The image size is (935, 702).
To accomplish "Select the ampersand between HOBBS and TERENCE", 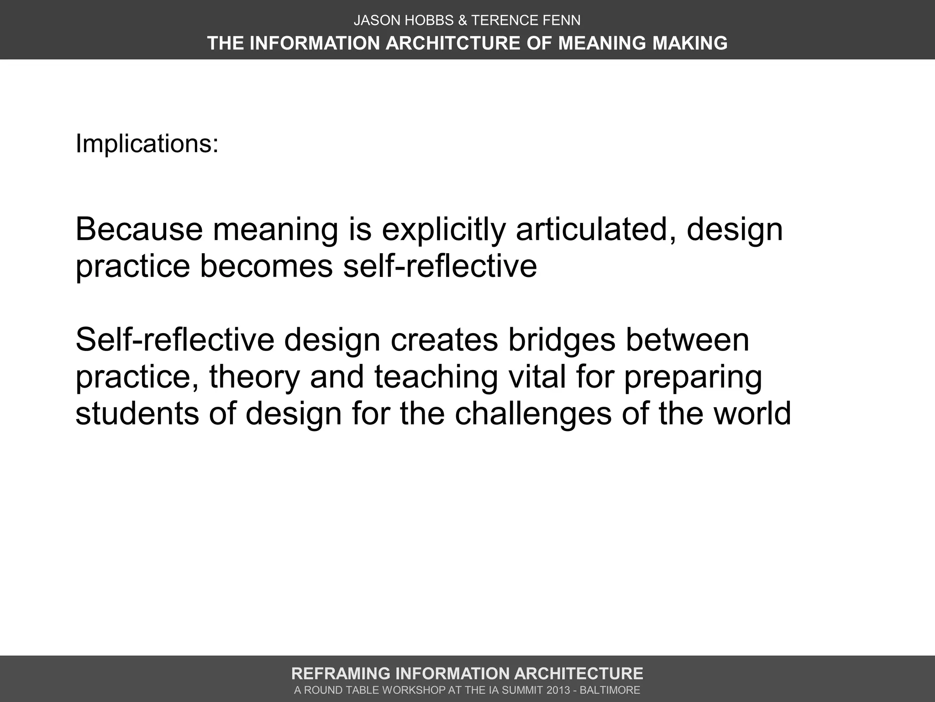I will pos(462,21).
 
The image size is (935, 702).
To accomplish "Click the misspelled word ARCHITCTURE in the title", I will pos(453,43).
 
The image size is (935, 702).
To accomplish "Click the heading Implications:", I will pos(147,144).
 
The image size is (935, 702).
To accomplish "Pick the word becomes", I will pos(266,266).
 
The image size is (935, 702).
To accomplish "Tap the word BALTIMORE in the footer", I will pos(610,690).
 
